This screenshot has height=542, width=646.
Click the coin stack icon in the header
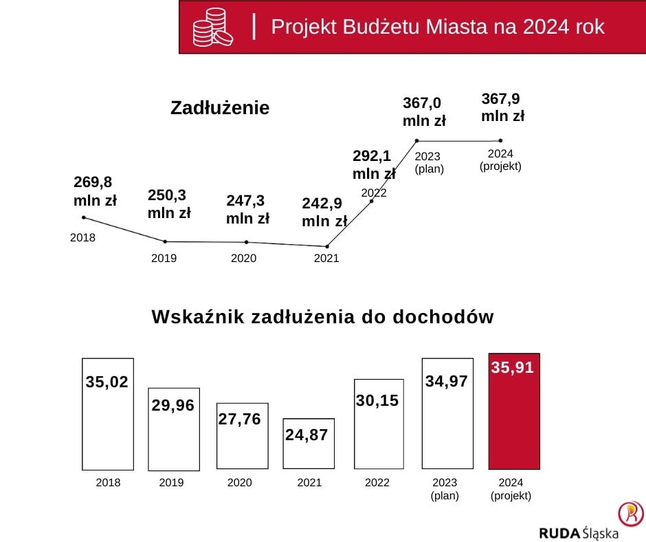point(212,28)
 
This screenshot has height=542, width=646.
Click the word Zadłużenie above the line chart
point(220,108)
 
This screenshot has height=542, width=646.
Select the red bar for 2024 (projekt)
point(514,411)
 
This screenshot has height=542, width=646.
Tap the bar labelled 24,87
point(309,443)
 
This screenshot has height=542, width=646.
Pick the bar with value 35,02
point(107,413)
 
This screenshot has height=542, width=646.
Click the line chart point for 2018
point(84,217)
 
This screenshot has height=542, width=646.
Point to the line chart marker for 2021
point(327,246)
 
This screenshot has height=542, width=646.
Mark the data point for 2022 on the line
point(372,202)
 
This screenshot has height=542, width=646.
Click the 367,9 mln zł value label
point(502,107)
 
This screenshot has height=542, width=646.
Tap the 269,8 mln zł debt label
point(95,191)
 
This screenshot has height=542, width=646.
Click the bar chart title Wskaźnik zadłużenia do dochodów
point(322,317)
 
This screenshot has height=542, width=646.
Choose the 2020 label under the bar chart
point(240,483)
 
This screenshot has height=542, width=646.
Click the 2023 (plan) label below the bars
point(445,488)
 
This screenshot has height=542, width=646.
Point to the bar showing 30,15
point(379,423)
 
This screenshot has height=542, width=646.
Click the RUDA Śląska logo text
point(579,532)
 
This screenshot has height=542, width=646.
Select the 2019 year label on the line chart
point(164,259)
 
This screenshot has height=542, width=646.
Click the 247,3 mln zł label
point(247,210)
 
